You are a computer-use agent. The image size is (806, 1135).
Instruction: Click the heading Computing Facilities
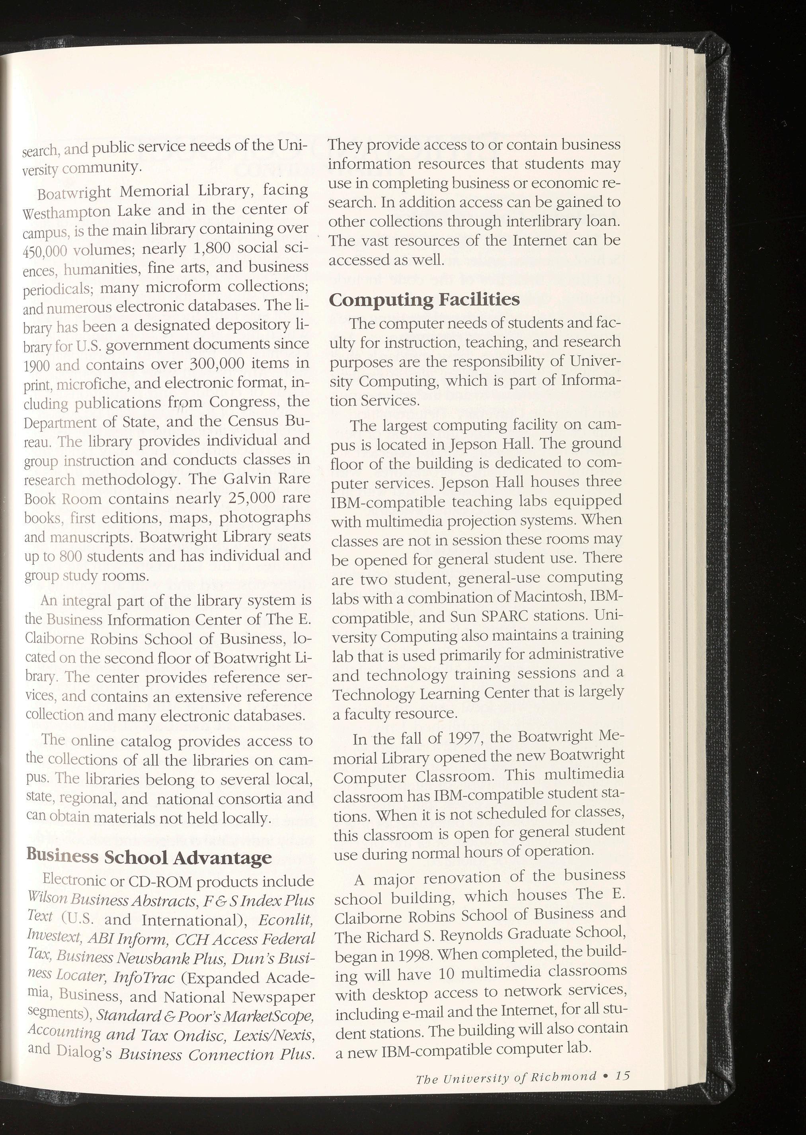click(x=424, y=299)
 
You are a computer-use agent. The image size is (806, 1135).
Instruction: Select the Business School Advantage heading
click(x=149, y=857)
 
